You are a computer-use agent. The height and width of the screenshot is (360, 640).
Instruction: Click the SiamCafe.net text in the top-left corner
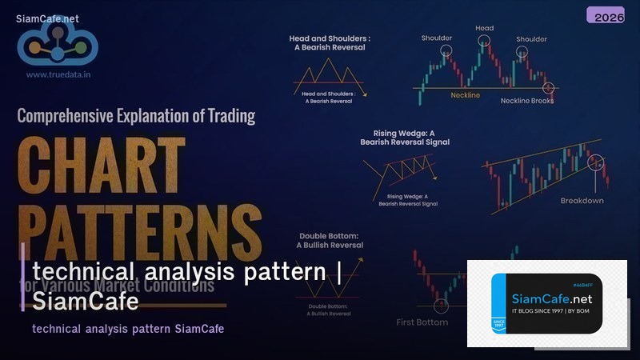click(x=46, y=18)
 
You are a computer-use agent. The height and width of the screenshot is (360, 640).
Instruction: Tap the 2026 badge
click(x=606, y=15)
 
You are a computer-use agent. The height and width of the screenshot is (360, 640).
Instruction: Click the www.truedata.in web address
click(x=58, y=74)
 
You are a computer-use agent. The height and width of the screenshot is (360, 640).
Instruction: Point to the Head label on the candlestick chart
click(x=485, y=28)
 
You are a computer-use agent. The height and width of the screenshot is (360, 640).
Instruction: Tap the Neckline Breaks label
click(x=526, y=100)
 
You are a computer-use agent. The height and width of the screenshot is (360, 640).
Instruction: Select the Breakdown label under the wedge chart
click(x=582, y=200)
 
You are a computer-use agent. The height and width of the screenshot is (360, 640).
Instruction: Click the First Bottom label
click(x=422, y=322)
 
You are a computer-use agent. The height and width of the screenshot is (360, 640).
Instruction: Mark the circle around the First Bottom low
click(x=440, y=305)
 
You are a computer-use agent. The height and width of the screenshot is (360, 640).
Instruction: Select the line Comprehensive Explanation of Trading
click(x=136, y=115)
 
